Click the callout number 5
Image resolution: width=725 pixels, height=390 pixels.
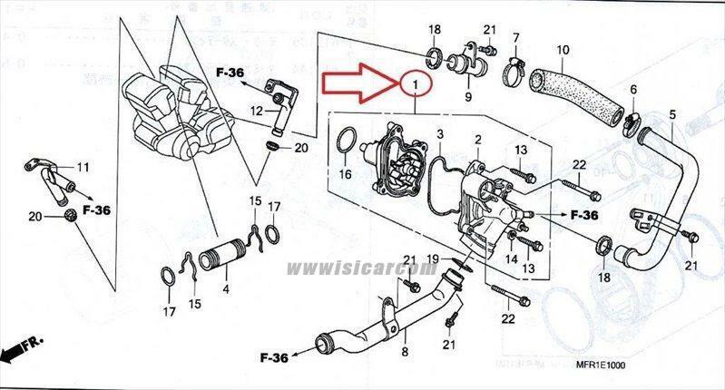point(672,114)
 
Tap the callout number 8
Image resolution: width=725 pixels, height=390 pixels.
point(406,349)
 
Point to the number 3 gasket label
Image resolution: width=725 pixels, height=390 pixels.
point(440,134)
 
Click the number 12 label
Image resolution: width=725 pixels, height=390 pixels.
point(257,111)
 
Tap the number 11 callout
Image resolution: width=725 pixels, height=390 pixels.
point(83,167)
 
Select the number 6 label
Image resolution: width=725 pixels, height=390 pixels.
point(633,89)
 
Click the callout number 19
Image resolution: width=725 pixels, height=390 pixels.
point(433,259)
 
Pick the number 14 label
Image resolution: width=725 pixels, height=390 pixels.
point(511,259)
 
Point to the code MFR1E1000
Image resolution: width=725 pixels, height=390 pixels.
point(600,365)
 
